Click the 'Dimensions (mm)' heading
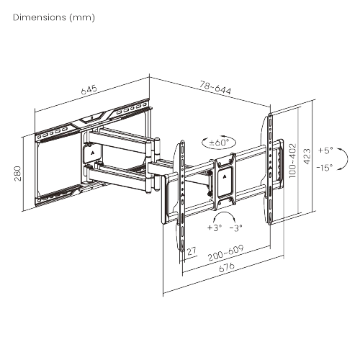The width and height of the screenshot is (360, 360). click(54, 17)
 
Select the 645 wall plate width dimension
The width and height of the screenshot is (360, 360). click(89, 89)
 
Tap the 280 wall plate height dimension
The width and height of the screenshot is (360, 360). click(18, 174)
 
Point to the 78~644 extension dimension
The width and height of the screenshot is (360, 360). click(215, 88)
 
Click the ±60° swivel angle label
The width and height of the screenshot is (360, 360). click(219, 143)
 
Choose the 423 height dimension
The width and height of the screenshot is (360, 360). click(307, 156)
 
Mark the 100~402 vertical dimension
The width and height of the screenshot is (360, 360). click(292, 161)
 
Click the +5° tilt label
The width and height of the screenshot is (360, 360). click(325, 150)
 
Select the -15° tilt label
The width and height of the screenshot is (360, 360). click(325, 167)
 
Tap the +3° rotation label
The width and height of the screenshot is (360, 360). click(215, 228)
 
